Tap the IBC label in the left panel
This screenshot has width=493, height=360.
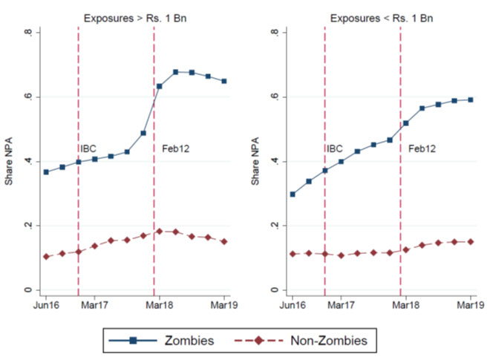pyautogui.click(x=89, y=148)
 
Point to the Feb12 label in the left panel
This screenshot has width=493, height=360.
pyautogui.click(x=176, y=148)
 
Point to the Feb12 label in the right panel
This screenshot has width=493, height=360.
pyautogui.click(x=422, y=148)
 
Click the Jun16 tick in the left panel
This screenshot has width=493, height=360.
pyautogui.click(x=46, y=305)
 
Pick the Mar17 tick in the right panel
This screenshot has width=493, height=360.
pyautogui.click(x=341, y=305)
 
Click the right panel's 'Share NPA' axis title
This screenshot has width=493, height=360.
pyautogui.click(x=255, y=162)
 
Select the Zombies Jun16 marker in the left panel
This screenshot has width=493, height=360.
pyautogui.click(x=46, y=171)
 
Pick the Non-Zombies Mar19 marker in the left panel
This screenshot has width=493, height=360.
pyautogui.click(x=224, y=241)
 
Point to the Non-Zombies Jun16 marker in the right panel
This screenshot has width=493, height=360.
pyautogui.click(x=293, y=254)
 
